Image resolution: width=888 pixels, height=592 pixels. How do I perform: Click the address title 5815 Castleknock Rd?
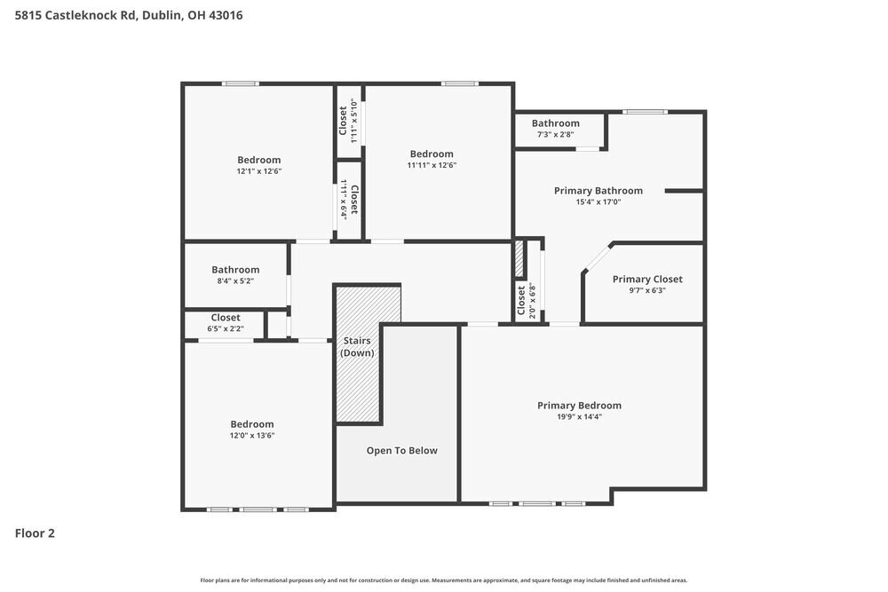pos(129,15)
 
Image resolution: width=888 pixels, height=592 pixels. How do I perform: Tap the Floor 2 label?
pos(35,533)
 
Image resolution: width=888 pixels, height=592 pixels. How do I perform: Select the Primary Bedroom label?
pos(579,406)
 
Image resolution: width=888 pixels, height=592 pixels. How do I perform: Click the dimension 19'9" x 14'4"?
pos(579,417)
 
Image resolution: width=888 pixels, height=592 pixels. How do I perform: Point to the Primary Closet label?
pos(647,279)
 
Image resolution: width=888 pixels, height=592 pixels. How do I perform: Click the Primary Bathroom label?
pos(598,191)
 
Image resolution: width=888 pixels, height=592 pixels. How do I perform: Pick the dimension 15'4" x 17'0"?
pos(598,202)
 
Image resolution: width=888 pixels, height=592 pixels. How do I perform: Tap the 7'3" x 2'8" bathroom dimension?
pos(555,135)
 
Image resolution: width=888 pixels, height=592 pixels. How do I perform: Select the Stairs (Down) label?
pos(358,347)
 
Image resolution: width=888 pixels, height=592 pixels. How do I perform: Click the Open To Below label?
pos(402,451)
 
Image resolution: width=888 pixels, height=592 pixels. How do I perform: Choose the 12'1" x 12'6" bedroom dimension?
pos(258,171)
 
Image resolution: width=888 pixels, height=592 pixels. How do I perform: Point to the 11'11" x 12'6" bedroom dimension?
pos(432,165)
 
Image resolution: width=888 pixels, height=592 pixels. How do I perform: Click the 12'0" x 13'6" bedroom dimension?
pos(252,436)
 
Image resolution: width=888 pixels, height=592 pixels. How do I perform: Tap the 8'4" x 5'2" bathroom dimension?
pos(235,281)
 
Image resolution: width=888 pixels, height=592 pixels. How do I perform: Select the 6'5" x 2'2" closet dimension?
pos(225,329)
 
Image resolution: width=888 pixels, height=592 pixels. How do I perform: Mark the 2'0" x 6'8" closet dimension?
pos(533,301)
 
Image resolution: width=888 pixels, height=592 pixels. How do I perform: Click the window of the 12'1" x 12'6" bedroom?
pos(240,84)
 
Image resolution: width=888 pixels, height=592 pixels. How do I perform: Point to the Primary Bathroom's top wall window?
pos(645,112)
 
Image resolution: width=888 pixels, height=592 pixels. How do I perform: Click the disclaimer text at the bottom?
pos(444,580)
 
